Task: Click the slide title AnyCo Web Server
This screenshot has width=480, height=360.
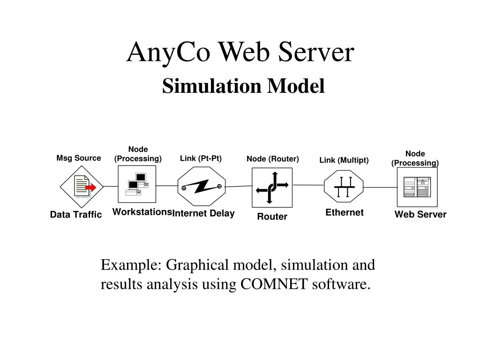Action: (x=240, y=52)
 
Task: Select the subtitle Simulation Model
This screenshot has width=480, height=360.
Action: (x=243, y=86)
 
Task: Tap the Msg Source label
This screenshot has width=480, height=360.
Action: (x=79, y=158)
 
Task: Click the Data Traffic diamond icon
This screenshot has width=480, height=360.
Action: (x=82, y=187)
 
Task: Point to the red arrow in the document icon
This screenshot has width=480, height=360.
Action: (x=91, y=187)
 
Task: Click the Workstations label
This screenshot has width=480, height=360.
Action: (x=142, y=212)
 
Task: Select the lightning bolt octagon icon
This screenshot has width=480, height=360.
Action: (x=202, y=187)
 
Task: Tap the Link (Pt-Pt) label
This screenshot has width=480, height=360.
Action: (x=201, y=158)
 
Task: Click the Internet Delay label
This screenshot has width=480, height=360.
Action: (x=203, y=214)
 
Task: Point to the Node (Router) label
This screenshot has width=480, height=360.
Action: (x=273, y=159)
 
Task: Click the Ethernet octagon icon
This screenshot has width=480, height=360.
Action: (x=344, y=187)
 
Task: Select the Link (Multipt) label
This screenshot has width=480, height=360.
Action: (x=344, y=160)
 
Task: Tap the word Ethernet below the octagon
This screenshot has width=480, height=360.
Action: (x=345, y=212)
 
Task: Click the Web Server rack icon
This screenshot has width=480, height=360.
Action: (x=417, y=187)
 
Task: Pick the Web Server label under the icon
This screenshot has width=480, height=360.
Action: (x=420, y=214)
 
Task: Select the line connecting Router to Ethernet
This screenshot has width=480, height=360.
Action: (x=307, y=185)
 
